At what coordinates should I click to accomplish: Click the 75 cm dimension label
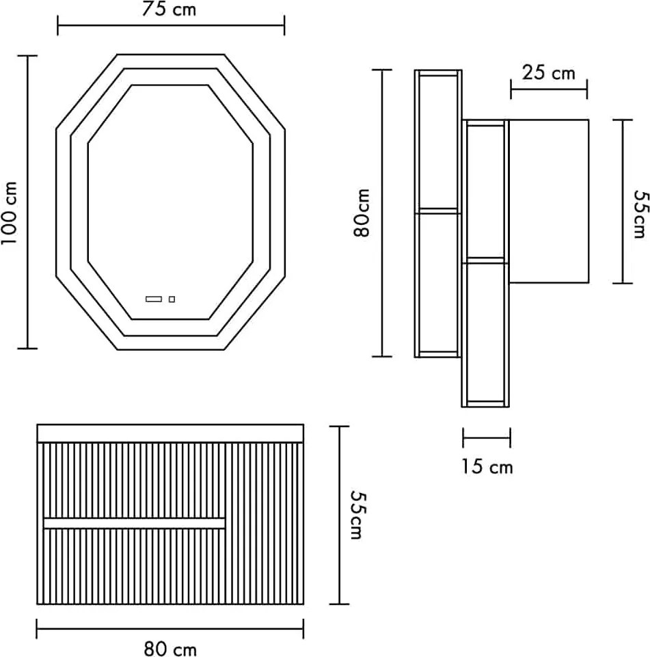point(169,9)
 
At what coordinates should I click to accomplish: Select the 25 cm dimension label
point(548,73)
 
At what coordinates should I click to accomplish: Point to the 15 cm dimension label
point(487,466)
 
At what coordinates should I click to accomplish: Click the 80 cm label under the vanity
point(170,649)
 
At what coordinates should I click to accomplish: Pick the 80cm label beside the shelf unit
point(362,213)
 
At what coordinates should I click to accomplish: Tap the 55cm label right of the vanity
point(358,515)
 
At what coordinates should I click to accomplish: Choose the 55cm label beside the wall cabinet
point(641,214)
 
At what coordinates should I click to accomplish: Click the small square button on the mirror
point(172,299)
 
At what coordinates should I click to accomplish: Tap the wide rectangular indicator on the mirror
point(153,299)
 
